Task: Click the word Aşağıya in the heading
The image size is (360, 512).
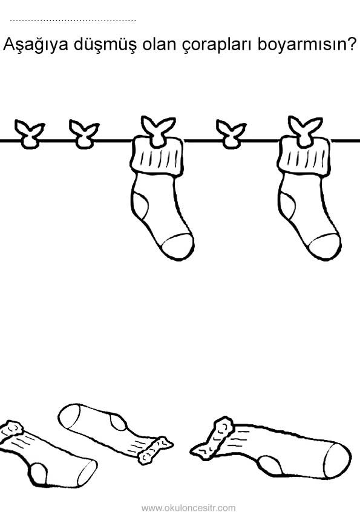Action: tap(35, 45)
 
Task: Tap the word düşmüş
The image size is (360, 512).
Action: tap(105, 45)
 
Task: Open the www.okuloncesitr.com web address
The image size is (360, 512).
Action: tap(188, 508)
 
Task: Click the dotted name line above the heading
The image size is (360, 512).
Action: tap(73, 21)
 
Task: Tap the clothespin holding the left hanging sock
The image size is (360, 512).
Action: tap(158, 131)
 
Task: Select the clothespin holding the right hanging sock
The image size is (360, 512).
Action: tap(305, 131)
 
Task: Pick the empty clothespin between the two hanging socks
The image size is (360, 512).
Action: tap(231, 134)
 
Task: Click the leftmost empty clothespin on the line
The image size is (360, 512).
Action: tap(30, 134)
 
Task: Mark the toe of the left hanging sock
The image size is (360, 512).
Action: tap(177, 246)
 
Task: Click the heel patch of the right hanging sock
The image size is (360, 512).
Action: tap(286, 206)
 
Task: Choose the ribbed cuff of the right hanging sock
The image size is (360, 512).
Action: tap(304, 157)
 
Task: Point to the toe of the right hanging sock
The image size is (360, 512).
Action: tap(324, 246)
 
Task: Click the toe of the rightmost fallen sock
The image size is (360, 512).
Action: tap(337, 461)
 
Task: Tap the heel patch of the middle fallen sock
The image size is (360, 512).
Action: tap(118, 421)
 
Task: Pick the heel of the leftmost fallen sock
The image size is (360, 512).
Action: tap(39, 474)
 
